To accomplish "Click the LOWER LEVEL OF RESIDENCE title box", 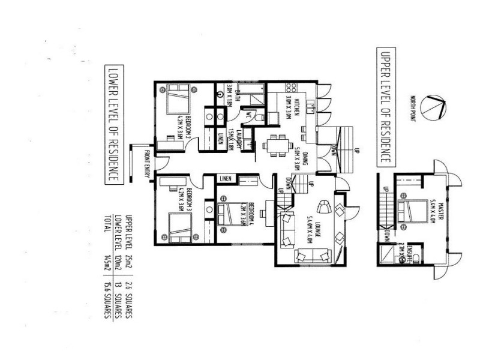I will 111,124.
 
